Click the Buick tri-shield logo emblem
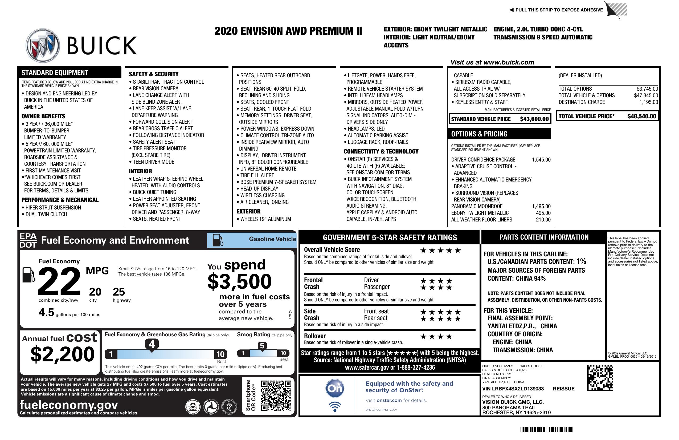coord(43,45)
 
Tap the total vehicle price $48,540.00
coord(642,116)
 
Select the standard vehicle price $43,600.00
coord(534,119)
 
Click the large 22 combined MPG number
coord(59,281)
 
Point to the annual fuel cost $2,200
coord(62,354)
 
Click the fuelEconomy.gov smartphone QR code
coord(276,395)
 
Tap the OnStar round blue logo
coord(335,388)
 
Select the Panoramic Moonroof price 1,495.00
coord(541,206)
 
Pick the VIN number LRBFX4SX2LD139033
coord(513,389)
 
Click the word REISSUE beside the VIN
coord(563,389)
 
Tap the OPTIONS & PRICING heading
coord(479,134)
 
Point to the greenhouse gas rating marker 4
coord(152,344)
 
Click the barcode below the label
coord(546,430)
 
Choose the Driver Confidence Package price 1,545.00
coord(541,160)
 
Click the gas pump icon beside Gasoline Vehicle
coord(218,240)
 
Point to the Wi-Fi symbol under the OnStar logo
coord(335,407)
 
